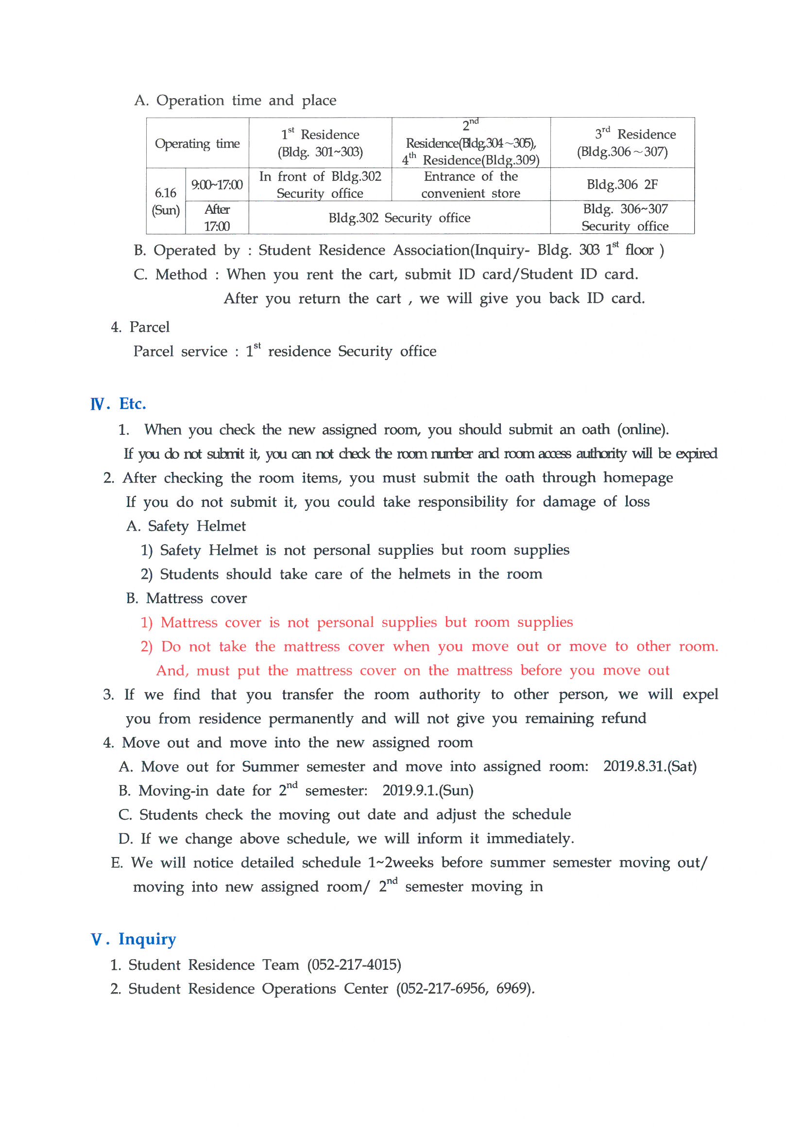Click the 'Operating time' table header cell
(x=197, y=143)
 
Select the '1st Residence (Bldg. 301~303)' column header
(x=320, y=143)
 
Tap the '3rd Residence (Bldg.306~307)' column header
(x=622, y=142)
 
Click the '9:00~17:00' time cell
(x=217, y=185)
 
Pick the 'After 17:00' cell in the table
(x=217, y=218)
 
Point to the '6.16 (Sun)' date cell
(x=166, y=201)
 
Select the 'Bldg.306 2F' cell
(x=622, y=185)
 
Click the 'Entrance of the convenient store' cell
(x=471, y=185)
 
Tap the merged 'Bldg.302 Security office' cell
(x=399, y=218)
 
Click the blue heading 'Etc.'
(x=132, y=404)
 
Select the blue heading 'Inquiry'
(x=147, y=939)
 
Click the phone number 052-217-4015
(x=354, y=964)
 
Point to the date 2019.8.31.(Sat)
(x=649, y=766)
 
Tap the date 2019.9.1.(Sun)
(x=427, y=790)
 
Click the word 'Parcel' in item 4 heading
(x=150, y=327)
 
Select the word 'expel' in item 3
(x=700, y=694)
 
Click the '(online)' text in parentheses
(x=643, y=429)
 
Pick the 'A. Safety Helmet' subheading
(x=186, y=526)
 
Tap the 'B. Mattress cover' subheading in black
(x=186, y=598)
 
